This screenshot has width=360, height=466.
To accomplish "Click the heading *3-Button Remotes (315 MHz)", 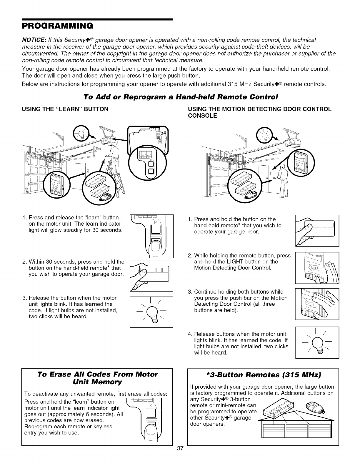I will (263, 375).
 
